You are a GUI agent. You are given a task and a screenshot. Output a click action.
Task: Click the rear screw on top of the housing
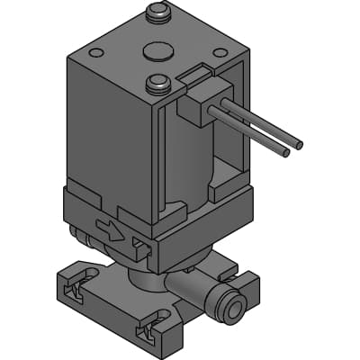click(x=157, y=12)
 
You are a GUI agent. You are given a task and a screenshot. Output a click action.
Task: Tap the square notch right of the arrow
click(x=139, y=245)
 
